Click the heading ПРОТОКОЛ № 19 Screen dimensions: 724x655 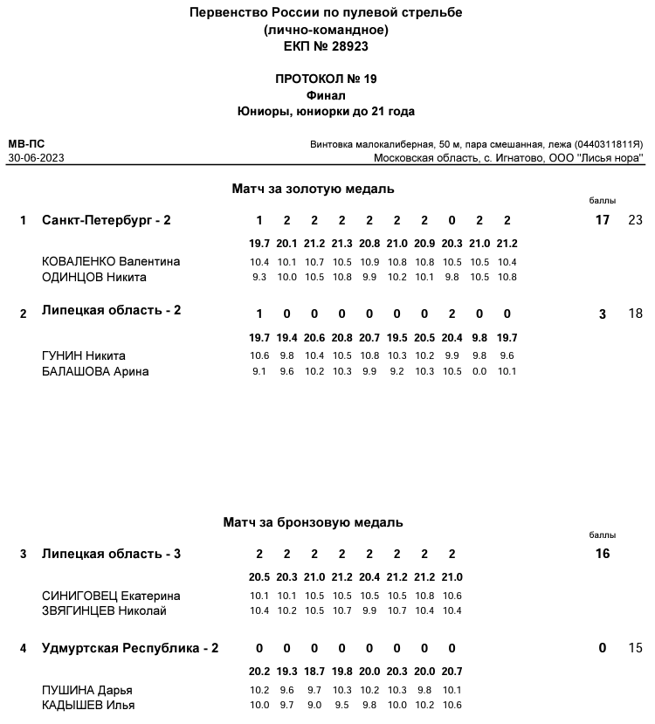[326, 79]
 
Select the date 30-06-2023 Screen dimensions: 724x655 [36, 158]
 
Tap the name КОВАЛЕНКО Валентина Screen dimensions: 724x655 [111, 262]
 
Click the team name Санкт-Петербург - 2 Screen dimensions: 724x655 [107, 220]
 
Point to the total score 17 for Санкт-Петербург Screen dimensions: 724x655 [602, 220]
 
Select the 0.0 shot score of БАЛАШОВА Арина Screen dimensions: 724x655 [479, 371]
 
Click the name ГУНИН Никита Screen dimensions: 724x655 [84, 355]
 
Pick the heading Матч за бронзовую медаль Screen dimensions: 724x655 [313, 522]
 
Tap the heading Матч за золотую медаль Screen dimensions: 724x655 [313, 189]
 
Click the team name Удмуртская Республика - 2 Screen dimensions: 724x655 [130, 648]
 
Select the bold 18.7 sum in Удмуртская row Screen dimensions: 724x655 [314, 672]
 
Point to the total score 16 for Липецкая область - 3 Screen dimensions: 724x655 [602, 554]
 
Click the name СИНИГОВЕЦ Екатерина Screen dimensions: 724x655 [111, 596]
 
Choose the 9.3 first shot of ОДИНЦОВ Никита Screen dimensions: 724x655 [259, 278]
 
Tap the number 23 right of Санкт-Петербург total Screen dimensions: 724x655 [635, 220]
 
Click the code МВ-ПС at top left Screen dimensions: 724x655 [26, 144]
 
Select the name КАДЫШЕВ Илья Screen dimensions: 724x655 [88, 705]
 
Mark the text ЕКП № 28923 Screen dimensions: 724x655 [326, 46]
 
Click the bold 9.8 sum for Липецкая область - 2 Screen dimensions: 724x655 [479, 338]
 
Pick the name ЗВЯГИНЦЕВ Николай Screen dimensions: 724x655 [104, 610]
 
